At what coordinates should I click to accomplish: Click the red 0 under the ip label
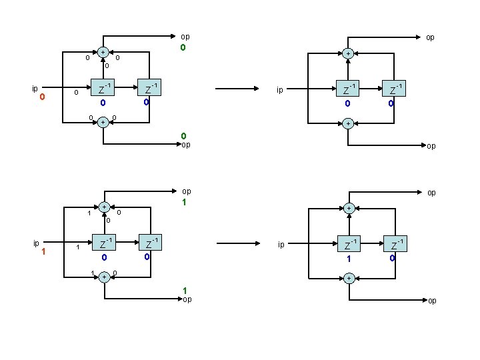(x=42, y=98)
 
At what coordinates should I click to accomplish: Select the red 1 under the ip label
(x=42, y=252)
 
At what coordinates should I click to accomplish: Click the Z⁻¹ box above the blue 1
(x=347, y=242)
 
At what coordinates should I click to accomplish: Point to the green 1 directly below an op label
(x=184, y=201)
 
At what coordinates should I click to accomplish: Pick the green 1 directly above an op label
(x=184, y=290)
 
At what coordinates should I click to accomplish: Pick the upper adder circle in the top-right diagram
(x=347, y=53)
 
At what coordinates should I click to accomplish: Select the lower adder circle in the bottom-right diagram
(x=347, y=277)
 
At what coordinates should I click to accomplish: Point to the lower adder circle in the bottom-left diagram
(x=103, y=276)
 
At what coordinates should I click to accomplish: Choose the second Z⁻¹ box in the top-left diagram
(x=149, y=89)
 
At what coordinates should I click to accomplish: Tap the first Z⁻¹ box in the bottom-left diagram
(x=103, y=242)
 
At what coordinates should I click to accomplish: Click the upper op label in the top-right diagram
(x=430, y=38)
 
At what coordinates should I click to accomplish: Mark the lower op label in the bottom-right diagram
(x=432, y=301)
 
